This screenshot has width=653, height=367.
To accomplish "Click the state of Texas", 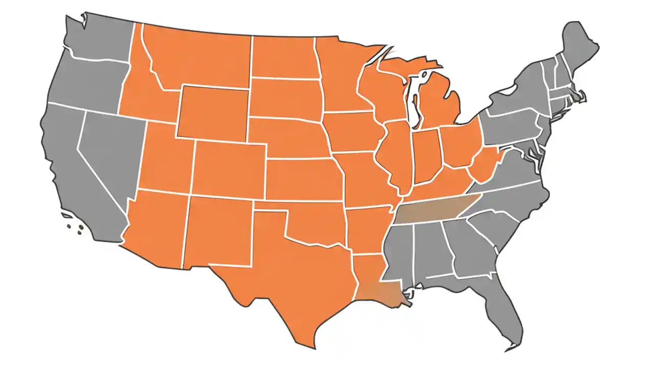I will click(296, 275).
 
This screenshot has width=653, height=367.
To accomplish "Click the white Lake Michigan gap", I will click(414, 97).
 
